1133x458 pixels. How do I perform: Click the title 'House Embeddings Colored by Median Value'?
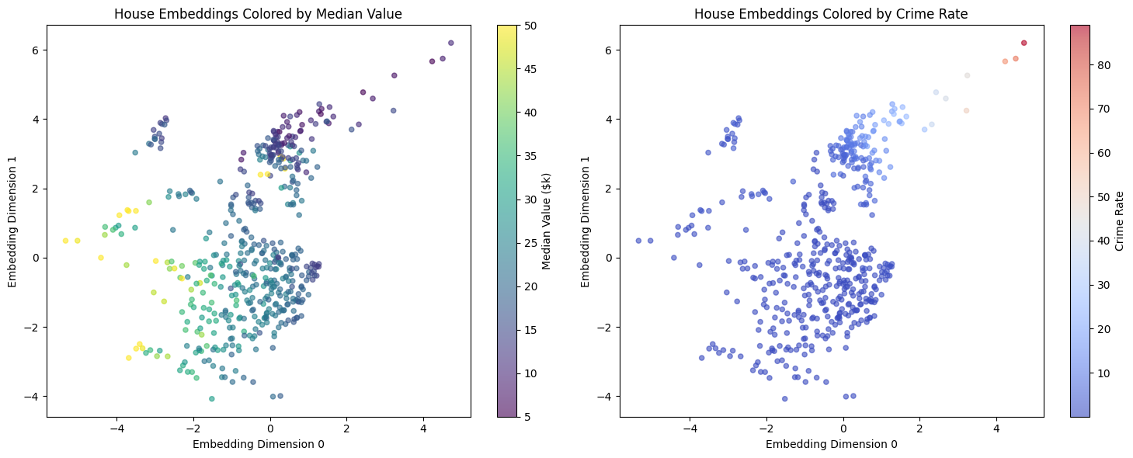click(x=259, y=13)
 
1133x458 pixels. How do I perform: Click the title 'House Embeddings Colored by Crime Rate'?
click(x=831, y=13)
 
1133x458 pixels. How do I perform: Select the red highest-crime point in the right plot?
click(x=1024, y=43)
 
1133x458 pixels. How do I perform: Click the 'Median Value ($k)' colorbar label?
click(x=546, y=221)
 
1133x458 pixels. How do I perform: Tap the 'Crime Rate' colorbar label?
click(x=1119, y=221)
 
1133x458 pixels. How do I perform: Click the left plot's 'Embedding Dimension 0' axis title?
click(x=259, y=444)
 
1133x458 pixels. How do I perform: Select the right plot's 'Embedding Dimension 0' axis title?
click(x=831, y=444)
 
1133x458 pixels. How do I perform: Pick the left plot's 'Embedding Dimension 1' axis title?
click(x=13, y=221)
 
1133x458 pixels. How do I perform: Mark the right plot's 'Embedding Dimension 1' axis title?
click(x=586, y=221)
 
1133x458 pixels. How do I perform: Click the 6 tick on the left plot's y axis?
click(x=36, y=50)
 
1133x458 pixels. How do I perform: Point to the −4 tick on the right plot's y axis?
click(x=606, y=396)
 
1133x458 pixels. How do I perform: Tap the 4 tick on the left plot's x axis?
click(x=423, y=428)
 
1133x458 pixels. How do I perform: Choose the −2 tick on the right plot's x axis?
click(x=766, y=428)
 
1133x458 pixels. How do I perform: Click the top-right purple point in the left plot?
click(x=450, y=43)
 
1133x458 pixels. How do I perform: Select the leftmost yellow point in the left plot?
click(x=65, y=241)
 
